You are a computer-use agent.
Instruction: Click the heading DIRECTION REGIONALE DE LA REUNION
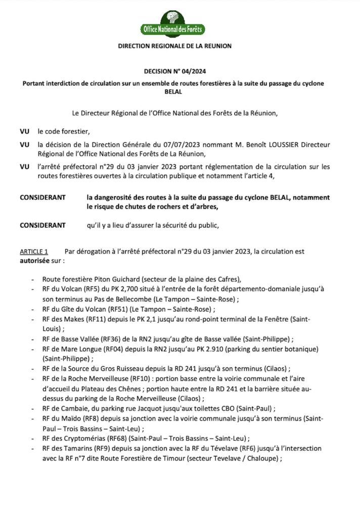click(174, 46)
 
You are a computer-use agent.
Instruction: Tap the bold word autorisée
click(35, 261)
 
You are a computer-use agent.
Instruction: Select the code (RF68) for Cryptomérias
click(120, 438)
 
